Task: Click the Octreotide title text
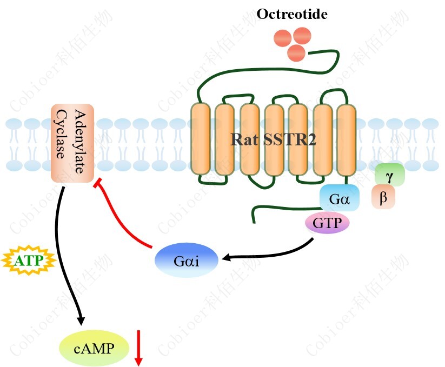point(291,14)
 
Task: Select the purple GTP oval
point(328,223)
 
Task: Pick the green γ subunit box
point(389,175)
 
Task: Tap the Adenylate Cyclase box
point(73,143)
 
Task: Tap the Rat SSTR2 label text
point(273,140)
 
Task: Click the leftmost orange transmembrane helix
point(200,139)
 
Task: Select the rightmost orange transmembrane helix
point(346,139)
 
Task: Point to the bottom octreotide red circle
point(296,52)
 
